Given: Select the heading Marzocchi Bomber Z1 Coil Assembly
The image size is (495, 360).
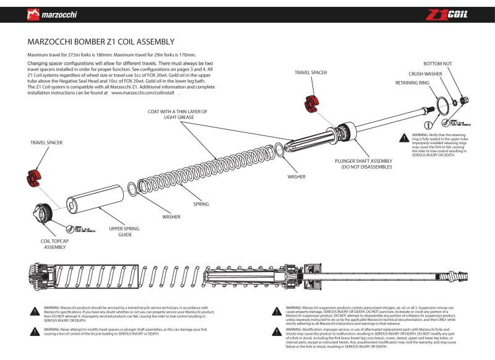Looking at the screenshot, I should [x=101, y=42].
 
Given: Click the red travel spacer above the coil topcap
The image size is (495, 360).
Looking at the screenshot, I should [x=34, y=177].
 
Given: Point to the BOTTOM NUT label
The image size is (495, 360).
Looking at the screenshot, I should [x=437, y=64].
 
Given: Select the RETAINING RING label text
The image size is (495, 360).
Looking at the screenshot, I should [x=412, y=82].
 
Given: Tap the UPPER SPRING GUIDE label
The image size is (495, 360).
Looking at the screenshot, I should [x=124, y=232].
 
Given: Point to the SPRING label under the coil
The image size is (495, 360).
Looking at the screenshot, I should [x=201, y=204].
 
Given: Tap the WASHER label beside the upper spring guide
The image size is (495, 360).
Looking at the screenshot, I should [x=171, y=217].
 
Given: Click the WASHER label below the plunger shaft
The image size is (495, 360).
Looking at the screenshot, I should [x=296, y=176].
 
